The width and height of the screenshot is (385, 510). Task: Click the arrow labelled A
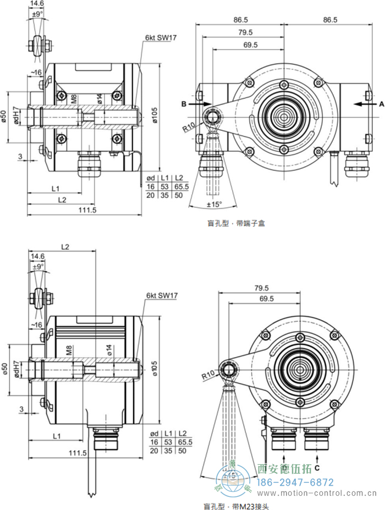tap(365, 103)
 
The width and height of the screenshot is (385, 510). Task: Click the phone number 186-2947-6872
tap(296, 482)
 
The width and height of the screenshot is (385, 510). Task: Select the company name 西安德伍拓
tap(285, 469)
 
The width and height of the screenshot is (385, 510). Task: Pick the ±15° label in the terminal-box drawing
tap(213, 204)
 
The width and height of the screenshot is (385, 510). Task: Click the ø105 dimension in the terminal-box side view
tap(155, 114)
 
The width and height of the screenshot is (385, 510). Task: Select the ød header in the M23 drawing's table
tap(154, 435)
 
